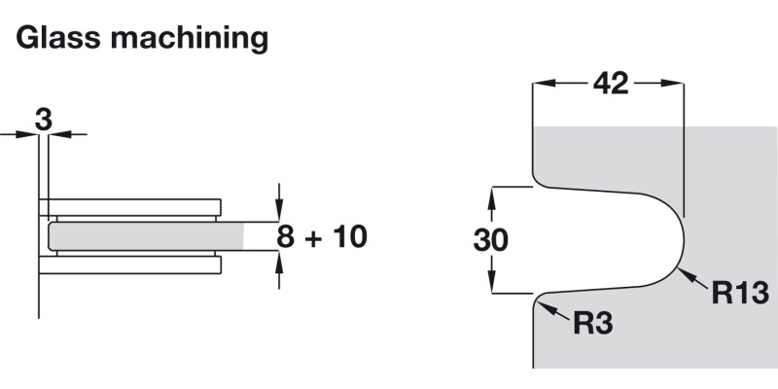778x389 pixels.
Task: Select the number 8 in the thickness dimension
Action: pos(285,236)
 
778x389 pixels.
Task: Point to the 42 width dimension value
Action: pos(610,85)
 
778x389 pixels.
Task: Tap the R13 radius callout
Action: pos(740,292)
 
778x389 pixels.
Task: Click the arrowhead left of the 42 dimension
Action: pos(541,85)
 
